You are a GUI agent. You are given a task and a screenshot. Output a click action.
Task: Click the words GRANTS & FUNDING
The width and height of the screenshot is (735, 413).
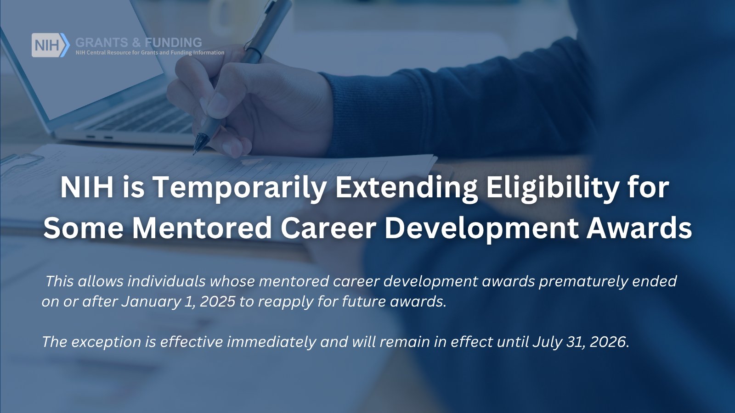pyautogui.click(x=138, y=42)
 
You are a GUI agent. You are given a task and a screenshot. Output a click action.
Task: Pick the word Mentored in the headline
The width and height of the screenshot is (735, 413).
pyautogui.click(x=202, y=229)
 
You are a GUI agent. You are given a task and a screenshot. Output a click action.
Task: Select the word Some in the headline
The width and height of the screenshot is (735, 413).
pyautogui.click(x=83, y=229)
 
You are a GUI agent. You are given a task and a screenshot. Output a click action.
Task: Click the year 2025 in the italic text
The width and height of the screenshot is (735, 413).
pyautogui.click(x=217, y=301)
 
